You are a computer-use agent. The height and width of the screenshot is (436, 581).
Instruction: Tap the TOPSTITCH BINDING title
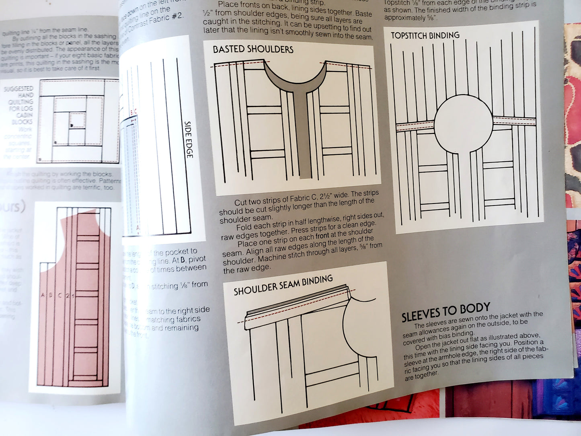point(425,35)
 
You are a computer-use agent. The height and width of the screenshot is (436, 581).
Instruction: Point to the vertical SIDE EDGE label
point(188,139)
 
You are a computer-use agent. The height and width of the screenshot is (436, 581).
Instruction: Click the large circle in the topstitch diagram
point(464,123)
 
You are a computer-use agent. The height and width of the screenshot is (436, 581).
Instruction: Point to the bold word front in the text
point(322,237)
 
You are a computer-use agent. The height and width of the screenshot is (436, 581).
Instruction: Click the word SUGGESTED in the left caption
point(18,88)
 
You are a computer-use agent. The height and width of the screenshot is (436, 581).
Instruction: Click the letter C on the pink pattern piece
point(60,295)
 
